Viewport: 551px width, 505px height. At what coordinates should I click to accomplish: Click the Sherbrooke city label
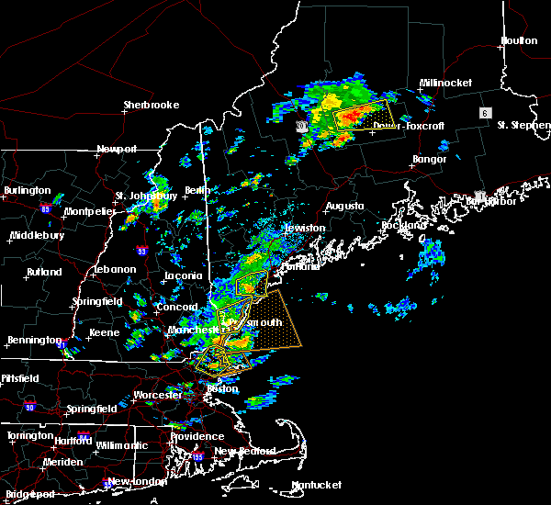tap(152, 105)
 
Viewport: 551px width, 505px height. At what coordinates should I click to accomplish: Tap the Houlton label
tap(519, 40)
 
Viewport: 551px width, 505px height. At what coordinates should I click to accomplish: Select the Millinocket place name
tap(445, 83)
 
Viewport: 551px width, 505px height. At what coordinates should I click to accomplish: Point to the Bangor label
tap(429, 159)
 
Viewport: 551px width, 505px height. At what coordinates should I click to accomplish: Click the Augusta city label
tap(344, 206)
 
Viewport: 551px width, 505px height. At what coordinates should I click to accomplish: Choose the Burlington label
tap(27, 190)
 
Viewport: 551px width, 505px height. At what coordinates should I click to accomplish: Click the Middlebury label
tap(36, 235)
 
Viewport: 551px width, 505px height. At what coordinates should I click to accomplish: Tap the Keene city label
tap(103, 332)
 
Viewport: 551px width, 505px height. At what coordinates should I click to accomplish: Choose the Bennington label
tap(32, 340)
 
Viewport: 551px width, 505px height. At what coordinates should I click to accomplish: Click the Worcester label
tap(157, 395)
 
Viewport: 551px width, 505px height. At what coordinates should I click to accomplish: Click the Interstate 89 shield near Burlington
tap(45, 208)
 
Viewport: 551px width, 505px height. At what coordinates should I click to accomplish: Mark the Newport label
tap(117, 149)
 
